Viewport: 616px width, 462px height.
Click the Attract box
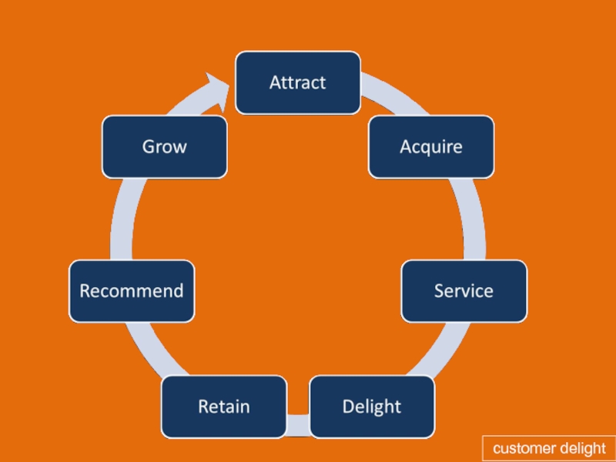click(x=298, y=83)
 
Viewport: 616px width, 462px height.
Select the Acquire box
click(x=431, y=147)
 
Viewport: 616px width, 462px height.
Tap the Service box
click(x=464, y=291)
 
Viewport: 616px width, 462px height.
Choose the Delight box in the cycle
click(x=372, y=407)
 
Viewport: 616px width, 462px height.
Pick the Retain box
click(x=224, y=407)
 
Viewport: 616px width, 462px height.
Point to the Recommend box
click(x=132, y=291)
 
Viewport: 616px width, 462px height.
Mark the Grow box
click(x=164, y=147)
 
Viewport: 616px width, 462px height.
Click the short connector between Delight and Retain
click(x=298, y=425)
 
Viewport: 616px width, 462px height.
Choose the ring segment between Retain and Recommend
click(x=153, y=350)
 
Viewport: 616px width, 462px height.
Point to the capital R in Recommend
click(x=85, y=291)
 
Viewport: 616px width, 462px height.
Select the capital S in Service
click(x=439, y=291)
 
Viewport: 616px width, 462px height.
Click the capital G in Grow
click(x=149, y=147)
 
